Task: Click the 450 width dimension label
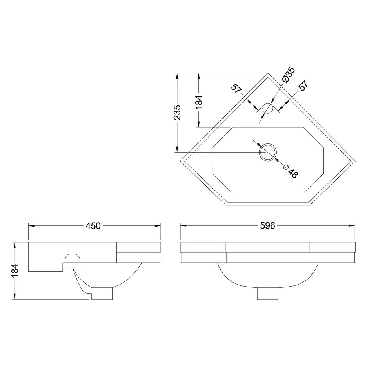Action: tap(93, 226)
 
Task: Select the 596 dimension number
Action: tap(267, 225)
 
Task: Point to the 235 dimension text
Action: tap(178, 113)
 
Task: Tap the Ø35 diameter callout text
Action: tap(289, 74)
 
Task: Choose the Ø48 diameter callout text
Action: tap(291, 171)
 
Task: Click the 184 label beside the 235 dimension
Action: tap(199, 102)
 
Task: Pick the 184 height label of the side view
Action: tap(15, 271)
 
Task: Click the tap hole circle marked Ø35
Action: tap(268, 108)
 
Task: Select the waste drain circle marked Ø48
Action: tap(268, 152)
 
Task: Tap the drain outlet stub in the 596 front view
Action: tap(268, 294)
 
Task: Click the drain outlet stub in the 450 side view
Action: tap(102, 294)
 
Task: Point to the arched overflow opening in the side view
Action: tap(73, 258)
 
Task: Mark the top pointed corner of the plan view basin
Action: tap(268, 73)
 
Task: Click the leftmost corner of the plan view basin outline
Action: tap(181, 161)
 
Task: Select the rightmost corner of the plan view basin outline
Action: tap(355, 161)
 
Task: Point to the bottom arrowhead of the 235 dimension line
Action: tap(177, 149)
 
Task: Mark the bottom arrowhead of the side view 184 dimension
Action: tap(15, 296)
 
